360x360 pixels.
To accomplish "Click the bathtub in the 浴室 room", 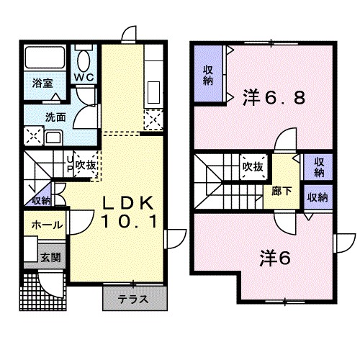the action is click(x=45, y=57).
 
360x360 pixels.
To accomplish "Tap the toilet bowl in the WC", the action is click(x=84, y=60).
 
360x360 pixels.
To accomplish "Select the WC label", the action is click(x=84, y=77).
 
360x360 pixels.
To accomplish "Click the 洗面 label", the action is click(x=55, y=117).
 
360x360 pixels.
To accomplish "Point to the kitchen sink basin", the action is click(x=153, y=92).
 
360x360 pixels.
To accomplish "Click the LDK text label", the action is click(x=128, y=203).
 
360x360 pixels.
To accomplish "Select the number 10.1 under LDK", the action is click(x=130, y=221).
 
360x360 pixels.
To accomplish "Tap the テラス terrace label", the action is click(x=133, y=300).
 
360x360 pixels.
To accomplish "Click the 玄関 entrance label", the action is click(x=50, y=258).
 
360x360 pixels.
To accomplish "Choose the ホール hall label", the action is click(x=48, y=225).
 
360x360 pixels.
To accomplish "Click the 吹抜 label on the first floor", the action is click(x=86, y=165).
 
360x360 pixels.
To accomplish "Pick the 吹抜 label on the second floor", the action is click(x=253, y=166).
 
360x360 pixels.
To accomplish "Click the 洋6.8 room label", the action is click(x=274, y=97).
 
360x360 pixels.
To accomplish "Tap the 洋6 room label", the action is click(x=275, y=258).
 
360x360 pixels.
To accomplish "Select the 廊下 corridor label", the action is click(x=282, y=192).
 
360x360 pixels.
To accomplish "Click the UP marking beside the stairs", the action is click(x=70, y=164).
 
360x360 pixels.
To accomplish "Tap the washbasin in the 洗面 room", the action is click(x=54, y=138).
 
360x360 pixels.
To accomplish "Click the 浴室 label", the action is click(x=42, y=84).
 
